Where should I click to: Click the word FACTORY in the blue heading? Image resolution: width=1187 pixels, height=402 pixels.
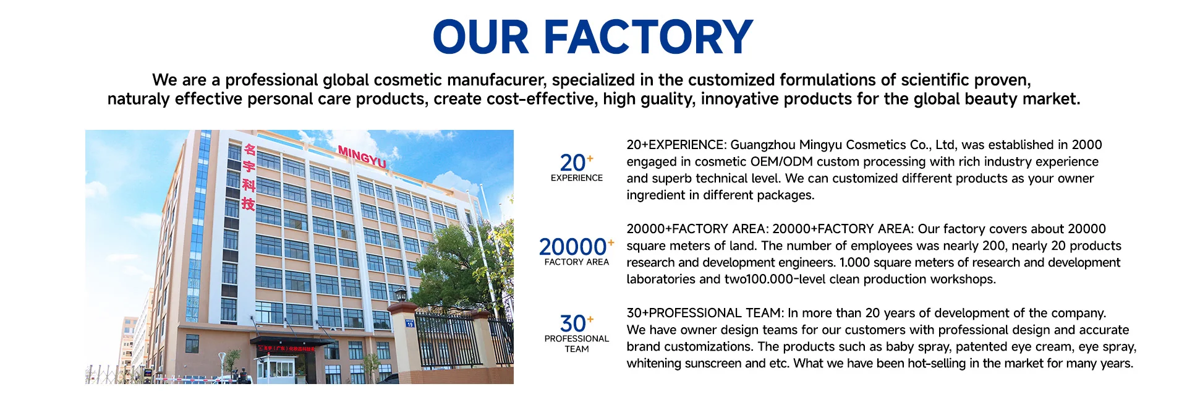[x=648, y=36]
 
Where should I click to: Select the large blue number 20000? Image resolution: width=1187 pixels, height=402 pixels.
[x=572, y=247]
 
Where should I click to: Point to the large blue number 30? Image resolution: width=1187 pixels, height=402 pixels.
[x=572, y=323]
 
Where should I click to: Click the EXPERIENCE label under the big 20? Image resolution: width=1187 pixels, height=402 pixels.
[x=577, y=178]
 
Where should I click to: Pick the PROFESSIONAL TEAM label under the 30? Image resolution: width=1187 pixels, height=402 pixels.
[x=577, y=344]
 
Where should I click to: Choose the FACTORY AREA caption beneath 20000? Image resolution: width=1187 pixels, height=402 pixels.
[x=577, y=262]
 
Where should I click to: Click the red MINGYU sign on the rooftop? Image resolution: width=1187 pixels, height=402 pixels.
[x=362, y=156]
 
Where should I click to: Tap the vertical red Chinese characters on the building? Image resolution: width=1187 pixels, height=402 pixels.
[x=249, y=177]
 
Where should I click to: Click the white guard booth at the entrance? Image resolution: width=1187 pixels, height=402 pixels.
[x=276, y=369]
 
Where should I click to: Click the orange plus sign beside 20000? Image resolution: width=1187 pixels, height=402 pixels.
[x=611, y=242]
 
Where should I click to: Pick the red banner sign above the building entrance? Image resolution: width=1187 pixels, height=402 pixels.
[x=286, y=349]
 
